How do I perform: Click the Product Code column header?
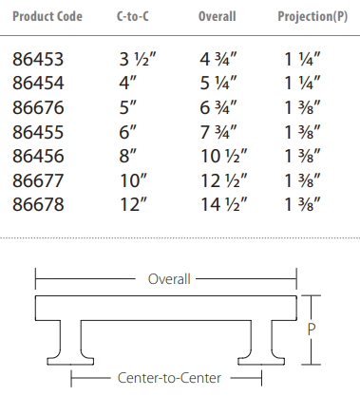(x=47, y=16)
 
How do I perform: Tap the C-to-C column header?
(x=133, y=16)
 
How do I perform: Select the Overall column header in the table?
(x=218, y=16)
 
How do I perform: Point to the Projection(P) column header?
(x=313, y=17)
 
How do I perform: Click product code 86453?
(x=38, y=59)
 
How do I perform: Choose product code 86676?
(x=38, y=107)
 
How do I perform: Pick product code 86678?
(x=38, y=204)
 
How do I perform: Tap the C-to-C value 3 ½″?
(x=138, y=59)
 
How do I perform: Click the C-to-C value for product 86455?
(x=127, y=132)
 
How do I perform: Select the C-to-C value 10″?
(x=134, y=180)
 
